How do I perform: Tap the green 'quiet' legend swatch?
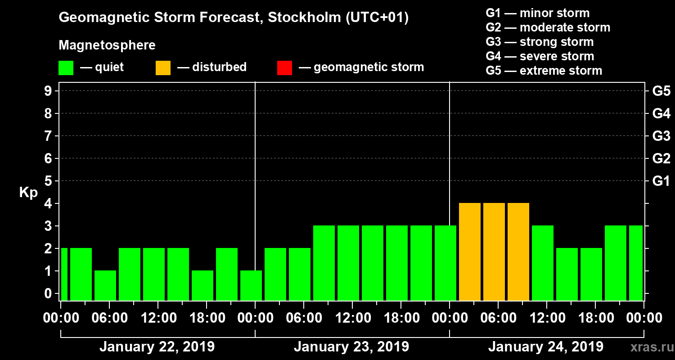click(66, 67)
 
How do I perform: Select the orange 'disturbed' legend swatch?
click(163, 67)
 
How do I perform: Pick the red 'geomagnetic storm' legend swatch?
click(284, 67)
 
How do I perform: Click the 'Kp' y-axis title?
click(28, 193)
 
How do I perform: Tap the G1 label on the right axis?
click(661, 181)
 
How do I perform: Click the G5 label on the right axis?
click(661, 91)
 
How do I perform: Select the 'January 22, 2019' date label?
click(157, 347)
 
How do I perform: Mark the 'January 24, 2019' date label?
click(545, 347)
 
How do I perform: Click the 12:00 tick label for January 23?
click(352, 318)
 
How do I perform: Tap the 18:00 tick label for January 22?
click(207, 318)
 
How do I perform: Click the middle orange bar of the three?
click(494, 252)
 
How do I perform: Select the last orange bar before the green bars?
click(518, 252)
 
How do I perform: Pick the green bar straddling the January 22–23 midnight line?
click(251, 285)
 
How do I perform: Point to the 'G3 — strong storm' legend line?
click(540, 42)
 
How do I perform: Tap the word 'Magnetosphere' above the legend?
click(107, 45)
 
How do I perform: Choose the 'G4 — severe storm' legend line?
click(540, 56)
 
